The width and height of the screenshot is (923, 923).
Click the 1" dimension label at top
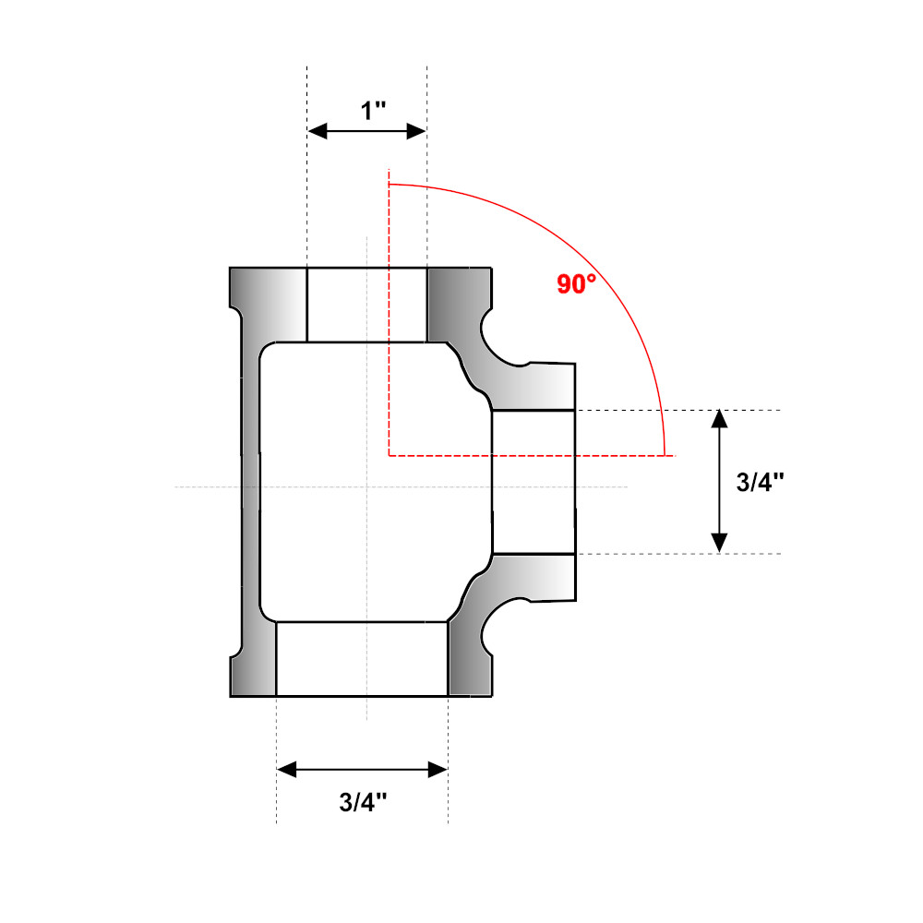click(373, 112)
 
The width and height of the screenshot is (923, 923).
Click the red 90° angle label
click(576, 284)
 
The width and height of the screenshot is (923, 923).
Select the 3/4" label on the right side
click(761, 482)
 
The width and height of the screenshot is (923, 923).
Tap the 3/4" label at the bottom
click(362, 802)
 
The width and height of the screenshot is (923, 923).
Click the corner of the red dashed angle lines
click(390, 455)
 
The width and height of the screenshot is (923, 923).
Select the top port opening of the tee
click(366, 305)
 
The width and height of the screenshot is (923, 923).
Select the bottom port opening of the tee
click(362, 658)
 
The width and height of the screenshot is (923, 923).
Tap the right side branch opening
click(533, 482)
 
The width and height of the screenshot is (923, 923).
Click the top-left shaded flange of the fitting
click(268, 305)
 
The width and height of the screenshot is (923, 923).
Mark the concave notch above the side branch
click(501, 342)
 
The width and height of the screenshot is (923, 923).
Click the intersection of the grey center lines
click(367, 486)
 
